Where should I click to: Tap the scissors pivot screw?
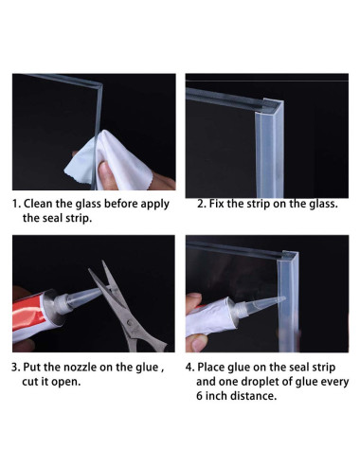click(129, 322)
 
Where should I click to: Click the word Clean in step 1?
click(38, 204)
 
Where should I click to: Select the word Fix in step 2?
click(217, 204)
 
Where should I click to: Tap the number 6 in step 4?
click(199, 396)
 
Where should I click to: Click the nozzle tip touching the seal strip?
click(283, 298)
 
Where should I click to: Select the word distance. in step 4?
click(254, 396)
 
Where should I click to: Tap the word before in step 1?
click(120, 204)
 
